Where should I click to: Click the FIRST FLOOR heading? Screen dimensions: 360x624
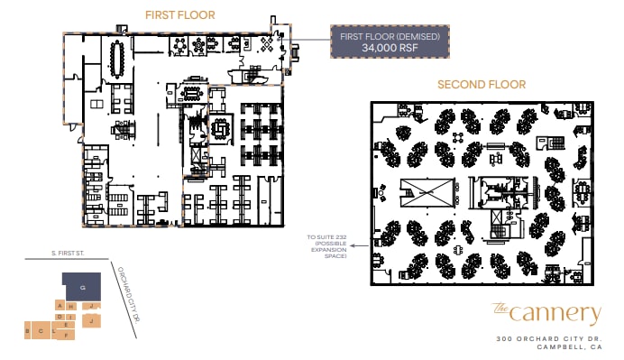click(180, 15)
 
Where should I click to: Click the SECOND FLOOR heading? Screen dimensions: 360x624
click(482, 85)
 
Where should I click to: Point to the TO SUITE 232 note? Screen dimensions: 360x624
click(327, 246)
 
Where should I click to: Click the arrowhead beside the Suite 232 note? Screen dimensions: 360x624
click(354, 245)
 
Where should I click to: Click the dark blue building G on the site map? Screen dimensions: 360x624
click(82, 286)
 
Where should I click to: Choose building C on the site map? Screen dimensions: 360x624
click(41, 331)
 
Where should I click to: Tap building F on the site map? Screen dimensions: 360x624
click(67, 335)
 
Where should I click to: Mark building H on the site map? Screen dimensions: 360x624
click(69, 307)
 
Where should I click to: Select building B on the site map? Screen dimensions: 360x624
click(29, 331)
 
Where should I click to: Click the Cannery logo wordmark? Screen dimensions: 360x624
click(546, 313)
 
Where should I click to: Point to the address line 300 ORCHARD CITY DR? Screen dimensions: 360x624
click(547, 338)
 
